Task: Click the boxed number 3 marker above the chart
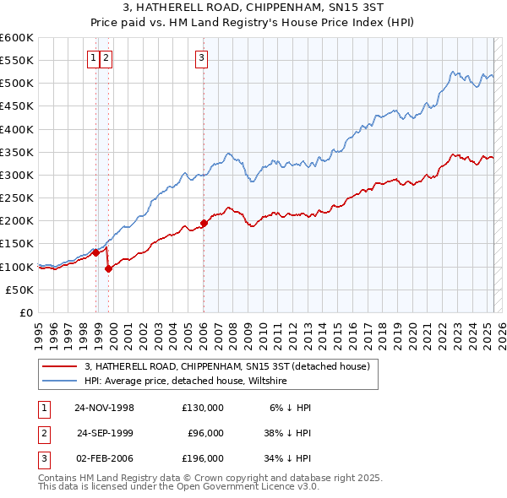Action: [202, 57]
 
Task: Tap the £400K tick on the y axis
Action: [16, 129]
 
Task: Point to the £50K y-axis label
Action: [19, 290]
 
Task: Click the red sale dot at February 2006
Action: [204, 223]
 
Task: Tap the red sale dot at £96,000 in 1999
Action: [108, 268]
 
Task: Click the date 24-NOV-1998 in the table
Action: [105, 408]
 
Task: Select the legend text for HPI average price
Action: [186, 382]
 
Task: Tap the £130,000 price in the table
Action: [203, 408]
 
